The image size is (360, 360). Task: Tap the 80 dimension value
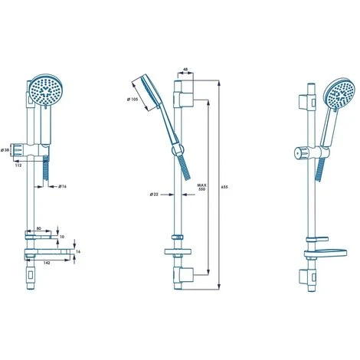coord(39,227)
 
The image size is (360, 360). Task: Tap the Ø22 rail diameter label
coord(155,194)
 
